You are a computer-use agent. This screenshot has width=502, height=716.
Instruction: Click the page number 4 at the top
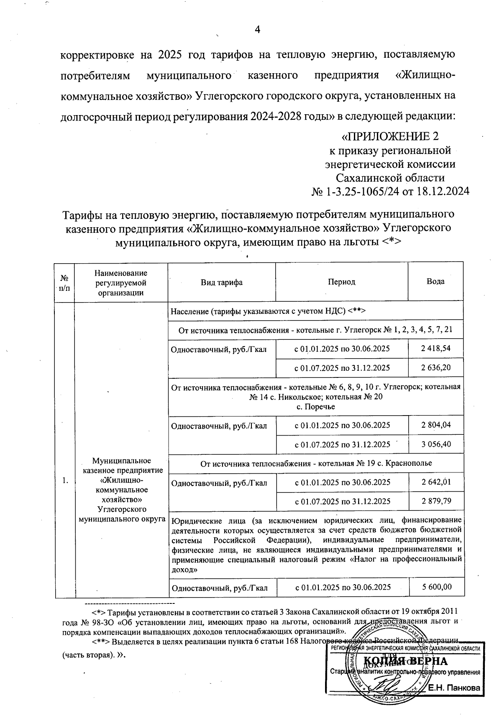[x=257, y=29]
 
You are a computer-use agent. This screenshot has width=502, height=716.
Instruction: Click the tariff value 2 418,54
[x=436, y=348]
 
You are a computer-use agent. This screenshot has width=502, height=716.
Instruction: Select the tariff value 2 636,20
[x=436, y=368]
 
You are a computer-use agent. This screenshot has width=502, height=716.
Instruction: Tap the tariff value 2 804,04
[x=436, y=425]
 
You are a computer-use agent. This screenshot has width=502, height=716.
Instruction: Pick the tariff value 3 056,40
[x=436, y=444]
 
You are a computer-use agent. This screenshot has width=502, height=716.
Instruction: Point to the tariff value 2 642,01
[x=436, y=482]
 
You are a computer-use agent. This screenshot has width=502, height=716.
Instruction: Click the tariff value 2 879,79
[x=436, y=501]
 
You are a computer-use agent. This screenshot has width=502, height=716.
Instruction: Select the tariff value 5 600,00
[x=436, y=587]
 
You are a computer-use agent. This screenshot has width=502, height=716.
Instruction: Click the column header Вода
[x=435, y=282]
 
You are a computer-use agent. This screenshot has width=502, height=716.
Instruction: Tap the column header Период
[x=341, y=282]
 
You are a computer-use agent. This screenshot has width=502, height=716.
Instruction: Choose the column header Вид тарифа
[x=222, y=282]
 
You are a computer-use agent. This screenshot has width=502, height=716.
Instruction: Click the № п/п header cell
[x=65, y=283]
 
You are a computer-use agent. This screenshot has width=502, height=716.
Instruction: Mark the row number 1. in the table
[x=65, y=481]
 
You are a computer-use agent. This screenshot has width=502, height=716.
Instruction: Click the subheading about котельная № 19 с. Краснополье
[x=316, y=463]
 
